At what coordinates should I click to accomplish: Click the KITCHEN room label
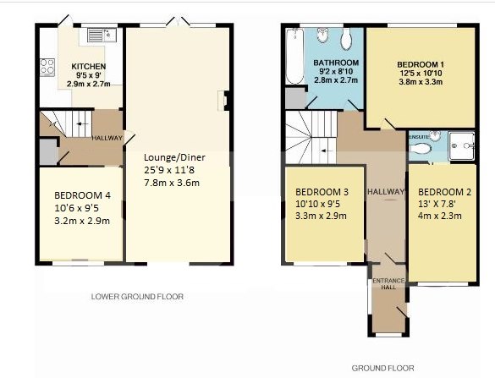88,67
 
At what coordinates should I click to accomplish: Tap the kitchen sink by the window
102,35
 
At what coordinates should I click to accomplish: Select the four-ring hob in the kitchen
47,67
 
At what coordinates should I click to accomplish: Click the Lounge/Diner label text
174,157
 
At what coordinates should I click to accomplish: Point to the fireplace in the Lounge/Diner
223,101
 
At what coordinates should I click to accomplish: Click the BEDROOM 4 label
82,195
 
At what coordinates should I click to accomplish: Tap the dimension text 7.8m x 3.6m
172,183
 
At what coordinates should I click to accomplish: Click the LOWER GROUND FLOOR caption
137,297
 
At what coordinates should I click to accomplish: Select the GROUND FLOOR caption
382,368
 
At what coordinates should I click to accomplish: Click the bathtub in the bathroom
294,56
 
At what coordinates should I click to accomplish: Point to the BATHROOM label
336,63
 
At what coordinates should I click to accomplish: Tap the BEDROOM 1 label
421,64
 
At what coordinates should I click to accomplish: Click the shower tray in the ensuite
461,145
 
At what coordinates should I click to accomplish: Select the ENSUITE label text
419,137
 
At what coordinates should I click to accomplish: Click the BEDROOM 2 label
444,192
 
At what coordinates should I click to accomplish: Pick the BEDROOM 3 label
322,192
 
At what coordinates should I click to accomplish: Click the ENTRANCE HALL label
388,283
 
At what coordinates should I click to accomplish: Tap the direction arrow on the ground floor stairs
325,151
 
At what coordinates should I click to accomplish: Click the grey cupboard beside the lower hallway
48,151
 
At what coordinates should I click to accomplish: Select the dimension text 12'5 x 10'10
421,74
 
